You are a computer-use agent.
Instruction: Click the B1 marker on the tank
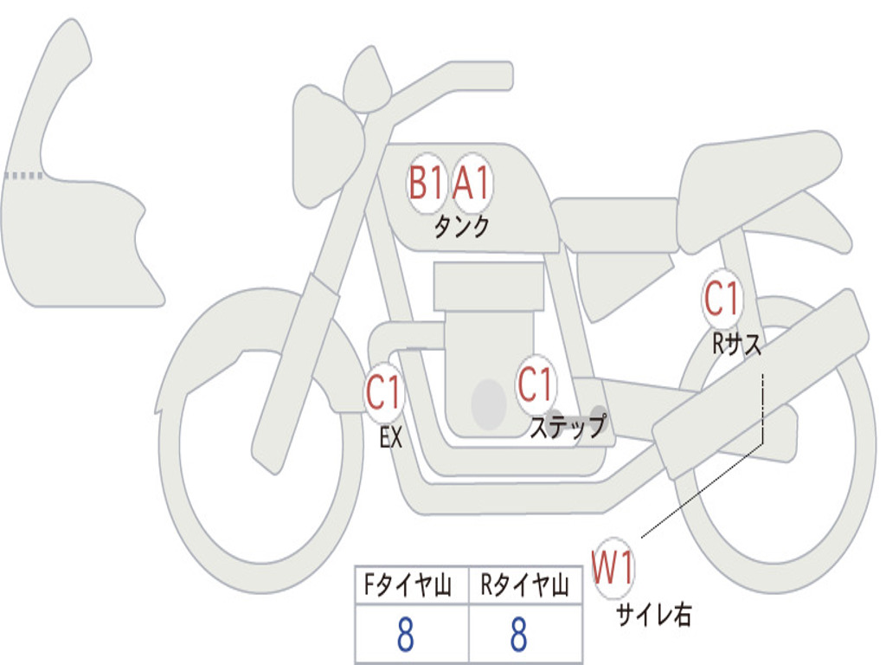[427, 184]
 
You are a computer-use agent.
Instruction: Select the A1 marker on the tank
[472, 184]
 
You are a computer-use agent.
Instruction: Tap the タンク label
[462, 227]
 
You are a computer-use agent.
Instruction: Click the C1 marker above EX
[383, 392]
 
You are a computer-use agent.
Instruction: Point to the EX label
[391, 437]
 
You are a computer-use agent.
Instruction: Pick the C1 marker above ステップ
[535, 384]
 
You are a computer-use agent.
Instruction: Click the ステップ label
[568, 426]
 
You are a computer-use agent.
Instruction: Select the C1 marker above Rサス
[722, 298]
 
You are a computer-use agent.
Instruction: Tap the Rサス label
[736, 343]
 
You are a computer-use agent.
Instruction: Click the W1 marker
[613, 568]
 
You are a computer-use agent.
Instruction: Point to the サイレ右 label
[654, 614]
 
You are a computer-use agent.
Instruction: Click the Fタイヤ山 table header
[408, 585]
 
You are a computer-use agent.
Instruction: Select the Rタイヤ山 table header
[524, 585]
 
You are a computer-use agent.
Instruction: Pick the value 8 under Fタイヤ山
[406, 634]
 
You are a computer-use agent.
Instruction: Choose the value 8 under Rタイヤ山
[519, 634]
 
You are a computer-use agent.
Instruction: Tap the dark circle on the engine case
[489, 404]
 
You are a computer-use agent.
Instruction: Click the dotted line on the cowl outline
[23, 176]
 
